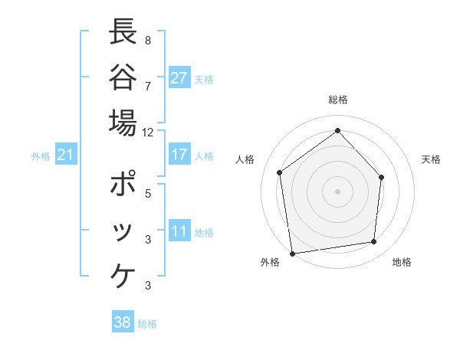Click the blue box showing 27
tap(179, 78)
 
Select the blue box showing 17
tap(179, 155)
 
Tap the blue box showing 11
tap(179, 232)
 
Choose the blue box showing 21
tap(66, 155)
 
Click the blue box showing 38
tap(123, 322)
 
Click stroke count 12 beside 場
tap(147, 132)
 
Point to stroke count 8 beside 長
tap(147, 39)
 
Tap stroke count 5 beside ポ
tap(147, 193)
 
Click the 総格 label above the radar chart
tap(337, 100)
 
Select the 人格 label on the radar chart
tap(245, 159)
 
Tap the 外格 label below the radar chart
tap(270, 262)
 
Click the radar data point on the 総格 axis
tap(337, 130)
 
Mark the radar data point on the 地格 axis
tap(374, 242)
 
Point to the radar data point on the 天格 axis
tap(383, 177)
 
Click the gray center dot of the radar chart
tap(337, 191)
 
